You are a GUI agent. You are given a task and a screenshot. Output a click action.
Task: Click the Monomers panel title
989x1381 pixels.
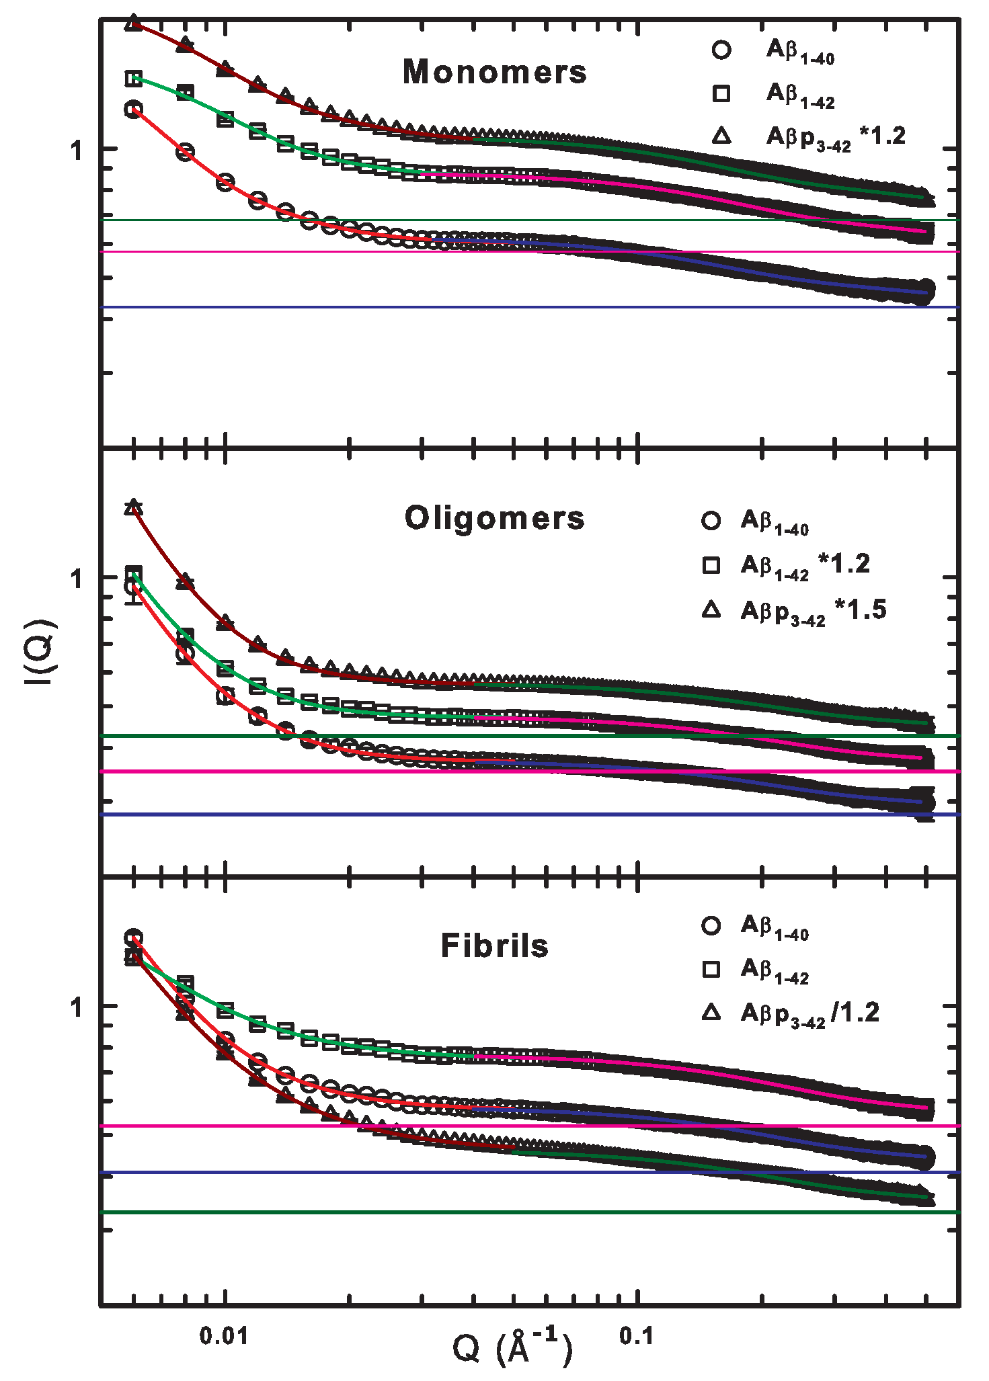(x=494, y=72)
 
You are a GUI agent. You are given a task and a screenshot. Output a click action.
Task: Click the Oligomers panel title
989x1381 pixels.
(x=494, y=518)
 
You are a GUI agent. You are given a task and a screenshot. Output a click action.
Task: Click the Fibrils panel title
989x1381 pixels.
(x=494, y=946)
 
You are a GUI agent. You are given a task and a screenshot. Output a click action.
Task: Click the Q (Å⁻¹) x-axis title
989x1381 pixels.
(x=512, y=1347)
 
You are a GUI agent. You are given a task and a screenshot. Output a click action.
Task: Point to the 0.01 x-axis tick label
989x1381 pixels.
(x=224, y=1335)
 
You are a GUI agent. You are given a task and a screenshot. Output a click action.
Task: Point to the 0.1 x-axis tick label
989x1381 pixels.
(x=636, y=1335)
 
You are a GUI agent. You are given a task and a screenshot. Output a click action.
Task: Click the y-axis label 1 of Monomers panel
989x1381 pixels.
(x=77, y=150)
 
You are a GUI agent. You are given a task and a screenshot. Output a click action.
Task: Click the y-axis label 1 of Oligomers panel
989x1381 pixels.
(x=77, y=579)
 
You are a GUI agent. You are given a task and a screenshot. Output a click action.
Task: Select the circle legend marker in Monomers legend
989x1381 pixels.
(x=721, y=50)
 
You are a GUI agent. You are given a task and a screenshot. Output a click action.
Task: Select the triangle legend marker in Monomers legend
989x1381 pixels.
(x=721, y=136)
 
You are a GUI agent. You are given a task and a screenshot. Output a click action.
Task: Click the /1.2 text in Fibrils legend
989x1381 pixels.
(x=855, y=1012)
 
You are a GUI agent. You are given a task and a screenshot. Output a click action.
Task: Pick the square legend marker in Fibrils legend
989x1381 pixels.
(x=711, y=969)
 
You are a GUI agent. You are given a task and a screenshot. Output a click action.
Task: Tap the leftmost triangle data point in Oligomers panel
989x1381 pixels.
(x=134, y=506)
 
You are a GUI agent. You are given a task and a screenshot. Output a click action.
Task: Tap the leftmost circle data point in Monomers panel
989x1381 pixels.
(x=134, y=109)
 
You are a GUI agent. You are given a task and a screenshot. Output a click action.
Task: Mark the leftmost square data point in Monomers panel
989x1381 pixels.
(x=134, y=79)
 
